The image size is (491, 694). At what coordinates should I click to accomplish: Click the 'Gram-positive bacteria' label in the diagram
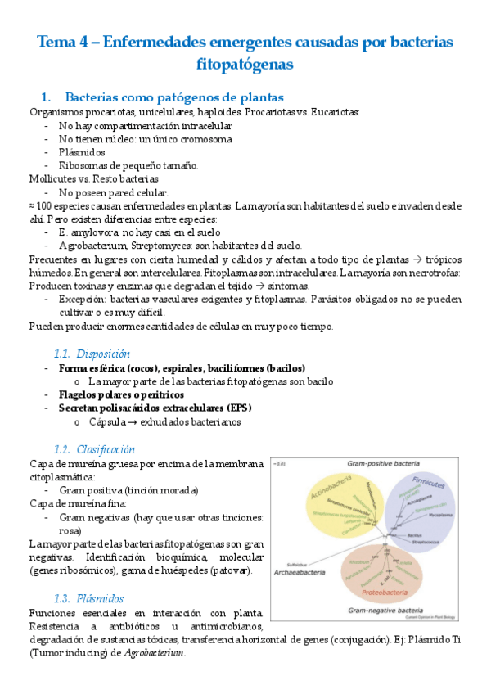pyautogui.click(x=382, y=462)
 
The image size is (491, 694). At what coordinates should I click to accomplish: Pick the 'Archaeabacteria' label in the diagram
pyautogui.click(x=301, y=573)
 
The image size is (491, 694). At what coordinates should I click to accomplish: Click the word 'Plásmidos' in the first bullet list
pyautogui.click(x=83, y=152)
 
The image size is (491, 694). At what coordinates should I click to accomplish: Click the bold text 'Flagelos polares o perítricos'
pyautogui.click(x=121, y=394)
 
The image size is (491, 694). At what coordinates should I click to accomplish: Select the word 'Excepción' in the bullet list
pyautogui.click(x=82, y=300)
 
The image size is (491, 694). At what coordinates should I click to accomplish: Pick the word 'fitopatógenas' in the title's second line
pyautogui.click(x=245, y=63)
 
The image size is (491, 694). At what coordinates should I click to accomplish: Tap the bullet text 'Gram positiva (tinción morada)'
pyautogui.click(x=128, y=490)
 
